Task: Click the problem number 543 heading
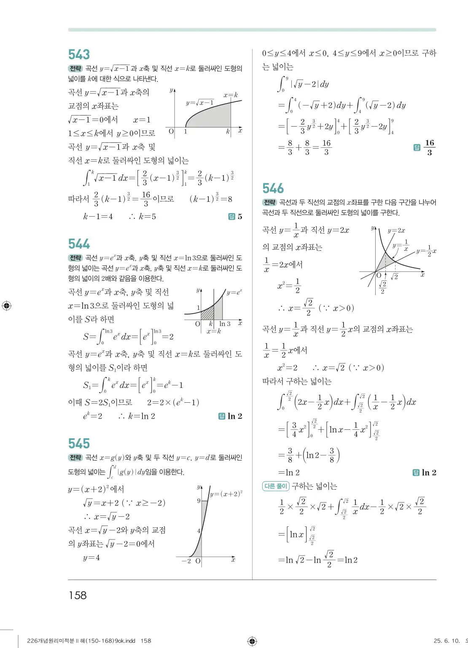tap(79, 54)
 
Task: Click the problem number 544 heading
tap(79, 244)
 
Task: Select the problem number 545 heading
tap(79, 444)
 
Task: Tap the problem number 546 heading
tap(273, 188)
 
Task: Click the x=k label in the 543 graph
tap(231, 95)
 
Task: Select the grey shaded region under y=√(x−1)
tap(215, 118)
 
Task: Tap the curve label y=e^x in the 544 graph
tap(234, 293)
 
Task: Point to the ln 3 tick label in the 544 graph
tap(225, 324)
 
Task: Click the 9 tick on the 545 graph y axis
tap(199, 501)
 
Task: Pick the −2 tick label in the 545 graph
tap(186, 561)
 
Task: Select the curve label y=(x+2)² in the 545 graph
tap(226, 494)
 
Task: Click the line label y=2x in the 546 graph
tap(396, 230)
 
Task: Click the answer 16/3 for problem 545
tap(429, 147)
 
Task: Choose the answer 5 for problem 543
tap(239, 217)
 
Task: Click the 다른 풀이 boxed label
tap(275, 486)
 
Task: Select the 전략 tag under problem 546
tap(269, 202)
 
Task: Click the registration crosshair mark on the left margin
tap(6, 306)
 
